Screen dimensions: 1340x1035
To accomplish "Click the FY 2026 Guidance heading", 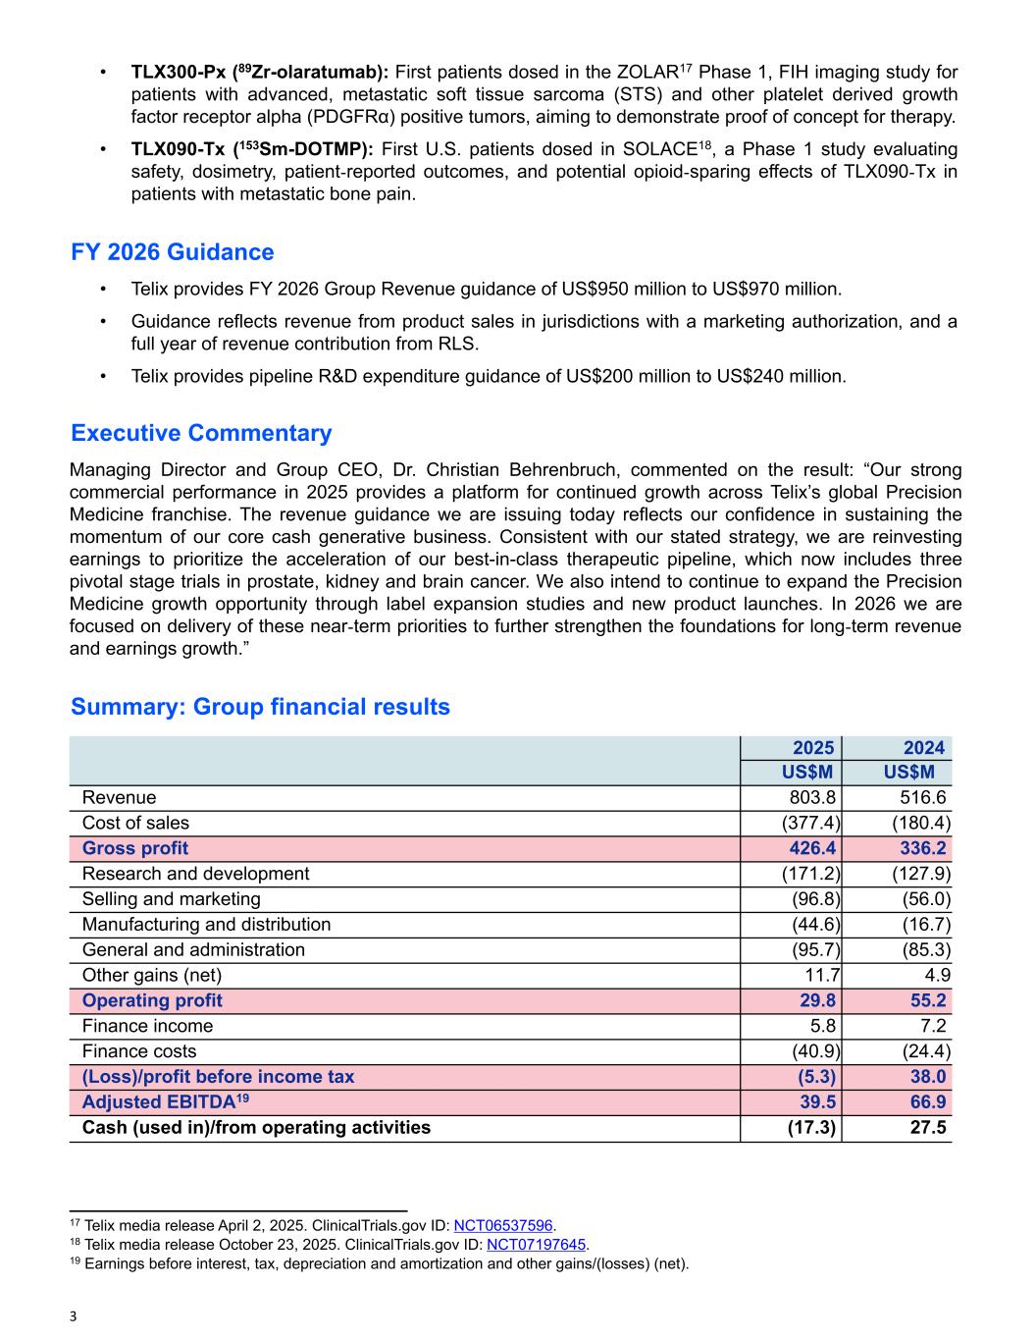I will click(x=173, y=252).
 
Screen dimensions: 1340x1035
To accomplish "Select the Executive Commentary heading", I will click(x=201, y=433).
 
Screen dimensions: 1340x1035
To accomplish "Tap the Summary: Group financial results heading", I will click(x=260, y=707).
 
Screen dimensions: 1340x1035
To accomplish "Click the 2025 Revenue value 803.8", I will click(x=812, y=797).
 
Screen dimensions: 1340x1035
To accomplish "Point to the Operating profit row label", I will click(x=152, y=1000).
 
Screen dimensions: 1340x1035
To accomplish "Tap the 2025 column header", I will click(x=813, y=748).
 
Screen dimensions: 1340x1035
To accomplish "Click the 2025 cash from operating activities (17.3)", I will click(x=812, y=1127).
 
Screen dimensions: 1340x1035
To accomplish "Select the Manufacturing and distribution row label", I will click(x=206, y=924).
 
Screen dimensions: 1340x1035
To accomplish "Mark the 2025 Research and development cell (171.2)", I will click(x=810, y=874).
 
